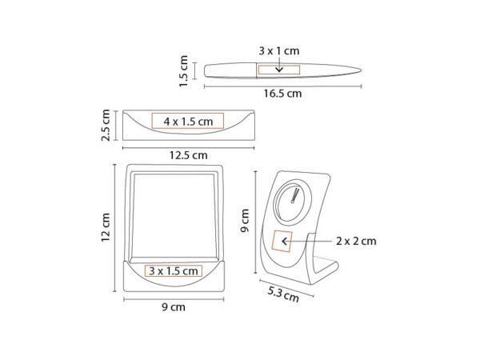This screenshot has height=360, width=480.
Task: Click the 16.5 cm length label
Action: (282, 94)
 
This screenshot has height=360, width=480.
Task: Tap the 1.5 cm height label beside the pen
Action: (184, 71)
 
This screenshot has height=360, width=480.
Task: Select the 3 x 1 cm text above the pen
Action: (279, 51)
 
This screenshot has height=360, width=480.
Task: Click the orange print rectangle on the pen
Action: (279, 70)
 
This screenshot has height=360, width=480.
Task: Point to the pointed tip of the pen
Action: (362, 70)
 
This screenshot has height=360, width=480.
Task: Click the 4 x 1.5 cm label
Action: (188, 122)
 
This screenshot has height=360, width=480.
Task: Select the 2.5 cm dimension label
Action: (106, 125)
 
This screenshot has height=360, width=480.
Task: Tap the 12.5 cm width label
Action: (189, 155)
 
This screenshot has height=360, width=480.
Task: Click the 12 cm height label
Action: (106, 227)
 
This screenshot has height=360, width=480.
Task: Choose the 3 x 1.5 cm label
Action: (174, 271)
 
